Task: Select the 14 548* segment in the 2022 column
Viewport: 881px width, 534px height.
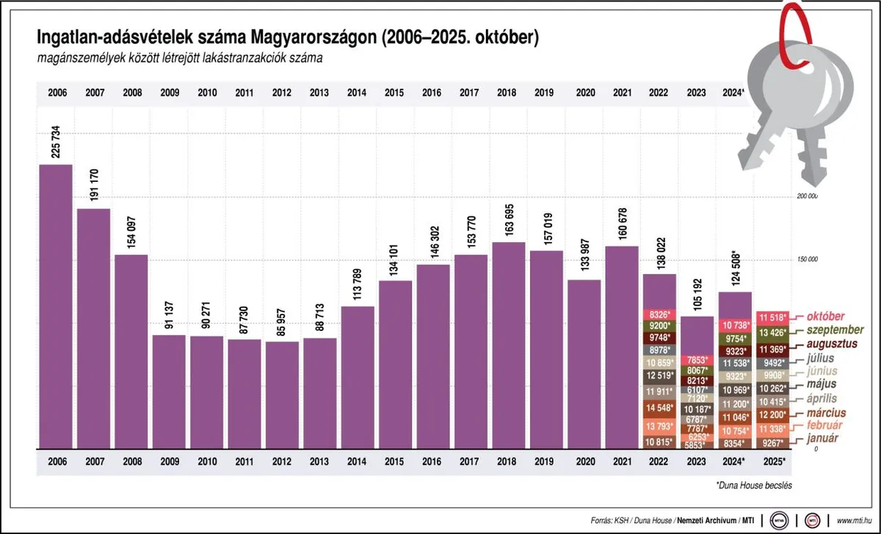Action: (659, 408)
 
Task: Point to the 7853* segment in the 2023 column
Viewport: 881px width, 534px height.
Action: (697, 360)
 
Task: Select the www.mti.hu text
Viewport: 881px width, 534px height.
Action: (855, 520)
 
